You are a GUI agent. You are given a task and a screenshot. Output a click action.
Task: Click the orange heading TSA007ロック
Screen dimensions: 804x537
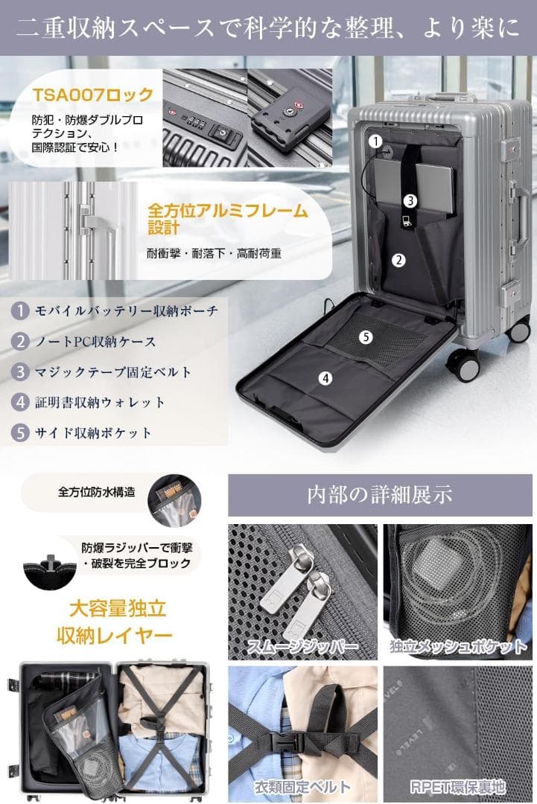93,95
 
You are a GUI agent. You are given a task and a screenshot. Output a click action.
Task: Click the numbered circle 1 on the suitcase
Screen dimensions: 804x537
376,140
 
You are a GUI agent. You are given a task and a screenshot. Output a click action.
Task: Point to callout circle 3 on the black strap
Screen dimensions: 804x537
410,200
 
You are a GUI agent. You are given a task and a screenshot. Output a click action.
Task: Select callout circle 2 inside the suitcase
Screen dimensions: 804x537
399,260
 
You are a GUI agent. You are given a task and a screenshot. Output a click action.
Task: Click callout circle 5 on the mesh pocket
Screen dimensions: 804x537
365,336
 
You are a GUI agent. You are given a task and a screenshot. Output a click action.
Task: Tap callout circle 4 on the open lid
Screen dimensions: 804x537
325,377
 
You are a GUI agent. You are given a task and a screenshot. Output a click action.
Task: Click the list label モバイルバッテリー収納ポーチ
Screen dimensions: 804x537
127,310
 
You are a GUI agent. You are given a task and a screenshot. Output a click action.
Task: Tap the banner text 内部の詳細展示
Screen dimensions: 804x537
379,495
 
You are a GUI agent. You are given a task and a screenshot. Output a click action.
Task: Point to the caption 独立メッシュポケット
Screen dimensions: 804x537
458,646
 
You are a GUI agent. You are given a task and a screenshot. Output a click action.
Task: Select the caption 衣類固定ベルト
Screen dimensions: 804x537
302,786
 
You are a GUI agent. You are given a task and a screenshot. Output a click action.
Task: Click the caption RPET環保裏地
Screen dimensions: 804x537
457,786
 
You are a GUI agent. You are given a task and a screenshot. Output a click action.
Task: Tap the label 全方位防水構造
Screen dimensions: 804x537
97,492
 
